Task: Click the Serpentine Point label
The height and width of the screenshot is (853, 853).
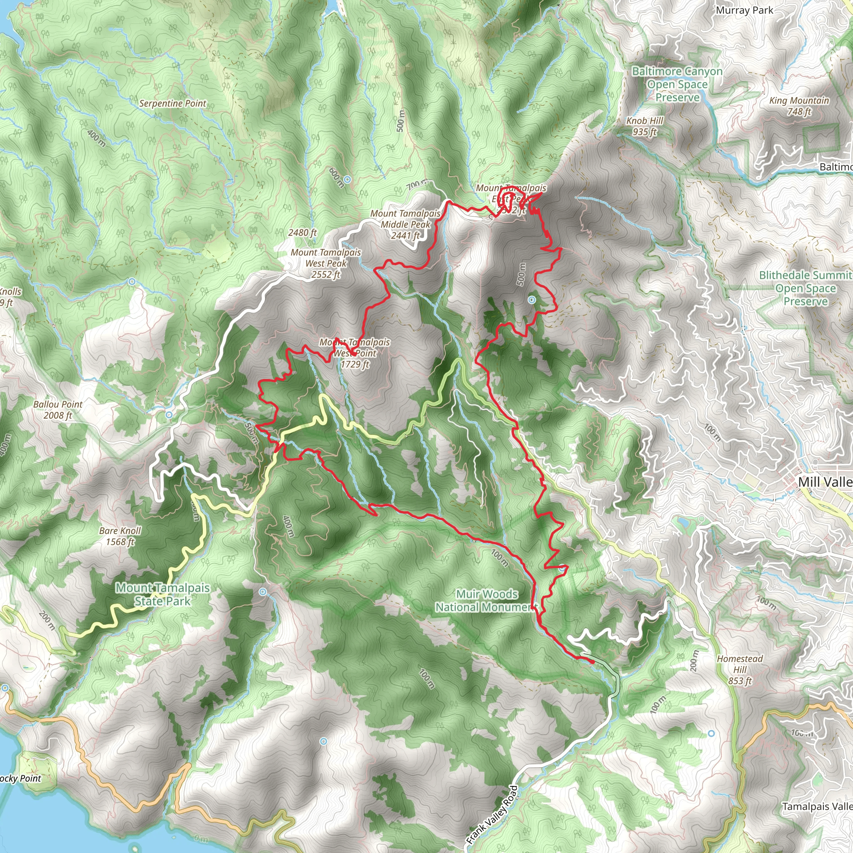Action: pos(172,103)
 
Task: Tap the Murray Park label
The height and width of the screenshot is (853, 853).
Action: pos(744,10)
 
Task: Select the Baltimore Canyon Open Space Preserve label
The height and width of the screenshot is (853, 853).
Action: pos(677,84)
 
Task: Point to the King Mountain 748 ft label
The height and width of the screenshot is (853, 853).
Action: pos(799,106)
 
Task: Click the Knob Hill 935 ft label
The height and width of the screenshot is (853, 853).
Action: pos(645,126)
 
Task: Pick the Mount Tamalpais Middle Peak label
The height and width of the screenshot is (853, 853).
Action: pos(405,224)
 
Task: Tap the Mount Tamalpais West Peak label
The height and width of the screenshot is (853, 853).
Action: pos(326,263)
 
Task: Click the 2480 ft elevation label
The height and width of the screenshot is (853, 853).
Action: pos(302,232)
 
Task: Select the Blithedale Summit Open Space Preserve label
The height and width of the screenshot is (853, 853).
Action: pos(806,288)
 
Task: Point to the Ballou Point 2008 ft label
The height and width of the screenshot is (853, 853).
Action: pos(58,409)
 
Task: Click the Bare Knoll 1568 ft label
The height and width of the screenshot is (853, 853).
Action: pos(120,536)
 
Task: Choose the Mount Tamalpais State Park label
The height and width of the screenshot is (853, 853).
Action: pos(162,594)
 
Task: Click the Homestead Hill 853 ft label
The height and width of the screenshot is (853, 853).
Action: pos(740,670)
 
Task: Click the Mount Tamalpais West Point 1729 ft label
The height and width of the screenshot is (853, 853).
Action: pos(355,353)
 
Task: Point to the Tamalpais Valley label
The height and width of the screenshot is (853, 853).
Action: pos(817,806)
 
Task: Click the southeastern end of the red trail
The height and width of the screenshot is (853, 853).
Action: pos(593,662)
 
